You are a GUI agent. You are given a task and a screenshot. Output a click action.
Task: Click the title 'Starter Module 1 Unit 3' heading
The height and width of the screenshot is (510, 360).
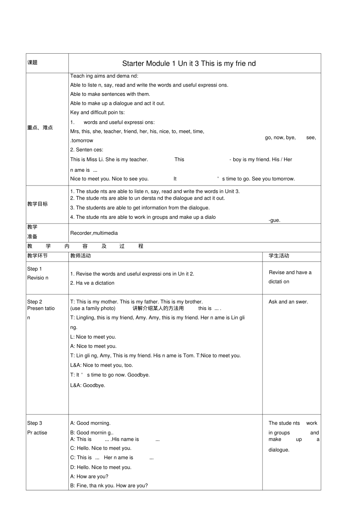(189, 63)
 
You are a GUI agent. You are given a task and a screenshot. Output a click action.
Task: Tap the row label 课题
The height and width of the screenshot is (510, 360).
(32, 63)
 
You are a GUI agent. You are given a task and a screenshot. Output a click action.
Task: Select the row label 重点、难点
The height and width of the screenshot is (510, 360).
(40, 128)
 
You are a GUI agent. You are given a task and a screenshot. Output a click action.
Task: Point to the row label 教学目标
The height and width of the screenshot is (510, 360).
(38, 204)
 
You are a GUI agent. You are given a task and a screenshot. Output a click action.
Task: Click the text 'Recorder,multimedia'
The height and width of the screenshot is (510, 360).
(94, 233)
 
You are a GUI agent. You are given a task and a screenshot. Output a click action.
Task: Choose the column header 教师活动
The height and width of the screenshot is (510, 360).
(80, 256)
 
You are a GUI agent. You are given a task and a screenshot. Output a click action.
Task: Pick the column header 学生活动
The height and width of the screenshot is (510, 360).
(279, 256)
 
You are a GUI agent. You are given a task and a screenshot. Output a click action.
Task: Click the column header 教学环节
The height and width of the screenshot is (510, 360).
(38, 256)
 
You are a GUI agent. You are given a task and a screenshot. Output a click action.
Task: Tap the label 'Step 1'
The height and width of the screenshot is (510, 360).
(34, 269)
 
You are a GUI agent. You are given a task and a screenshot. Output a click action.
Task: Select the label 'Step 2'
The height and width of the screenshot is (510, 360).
(34, 302)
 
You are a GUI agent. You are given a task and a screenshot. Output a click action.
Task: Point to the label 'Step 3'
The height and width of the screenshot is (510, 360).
(34, 423)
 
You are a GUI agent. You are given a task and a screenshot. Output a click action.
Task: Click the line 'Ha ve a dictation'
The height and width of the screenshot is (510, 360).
(92, 283)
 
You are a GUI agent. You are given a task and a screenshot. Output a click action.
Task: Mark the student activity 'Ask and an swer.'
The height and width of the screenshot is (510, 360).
(288, 302)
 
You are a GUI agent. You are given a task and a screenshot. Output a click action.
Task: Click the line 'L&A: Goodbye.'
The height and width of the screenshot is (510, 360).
(88, 385)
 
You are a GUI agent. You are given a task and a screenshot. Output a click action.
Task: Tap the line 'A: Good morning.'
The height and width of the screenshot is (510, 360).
(90, 423)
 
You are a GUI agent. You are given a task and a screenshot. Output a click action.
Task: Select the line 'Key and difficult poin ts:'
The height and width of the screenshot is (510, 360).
(97, 112)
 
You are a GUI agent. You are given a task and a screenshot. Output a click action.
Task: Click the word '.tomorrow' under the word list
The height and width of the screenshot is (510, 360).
(82, 141)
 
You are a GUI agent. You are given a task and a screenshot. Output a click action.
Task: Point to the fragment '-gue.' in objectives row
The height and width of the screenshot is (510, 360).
(274, 220)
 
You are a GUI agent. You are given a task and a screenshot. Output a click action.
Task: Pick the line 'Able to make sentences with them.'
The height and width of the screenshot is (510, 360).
(110, 94)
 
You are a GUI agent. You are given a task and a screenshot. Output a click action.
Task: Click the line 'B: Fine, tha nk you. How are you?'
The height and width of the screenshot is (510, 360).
(109, 486)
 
